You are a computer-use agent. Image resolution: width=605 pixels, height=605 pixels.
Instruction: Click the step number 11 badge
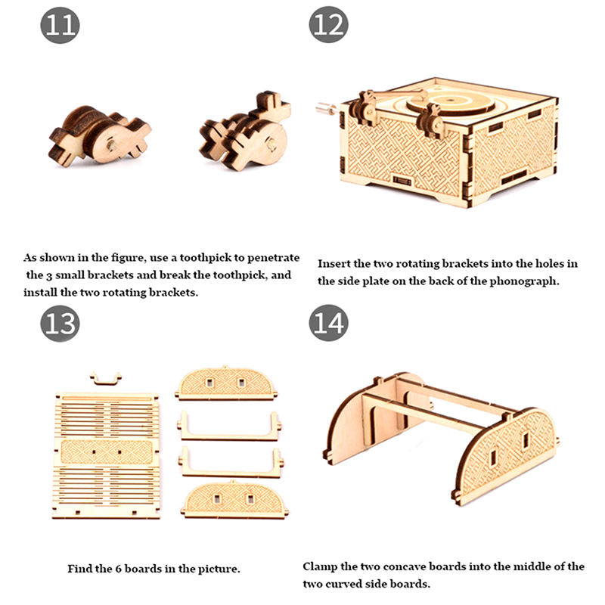(x=60, y=25)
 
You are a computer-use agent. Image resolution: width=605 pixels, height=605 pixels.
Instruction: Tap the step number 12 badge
(x=328, y=25)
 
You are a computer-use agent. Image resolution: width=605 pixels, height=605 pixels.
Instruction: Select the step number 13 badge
(x=60, y=324)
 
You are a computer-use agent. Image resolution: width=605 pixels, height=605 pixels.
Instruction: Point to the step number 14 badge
(x=328, y=323)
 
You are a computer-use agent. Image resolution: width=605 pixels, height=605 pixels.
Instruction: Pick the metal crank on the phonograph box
(x=327, y=108)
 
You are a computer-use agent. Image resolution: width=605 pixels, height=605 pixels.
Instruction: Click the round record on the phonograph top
(x=450, y=101)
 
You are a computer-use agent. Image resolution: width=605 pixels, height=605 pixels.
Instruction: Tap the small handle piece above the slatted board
(x=106, y=379)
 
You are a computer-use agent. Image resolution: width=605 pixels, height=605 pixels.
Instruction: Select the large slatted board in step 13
(x=106, y=455)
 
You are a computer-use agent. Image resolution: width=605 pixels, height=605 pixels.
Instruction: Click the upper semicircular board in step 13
(x=226, y=383)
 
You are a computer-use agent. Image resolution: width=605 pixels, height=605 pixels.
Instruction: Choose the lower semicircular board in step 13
(x=234, y=500)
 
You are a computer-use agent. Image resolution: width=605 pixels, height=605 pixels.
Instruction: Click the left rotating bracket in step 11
(x=99, y=136)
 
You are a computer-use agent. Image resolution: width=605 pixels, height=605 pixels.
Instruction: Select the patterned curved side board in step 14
(x=506, y=456)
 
